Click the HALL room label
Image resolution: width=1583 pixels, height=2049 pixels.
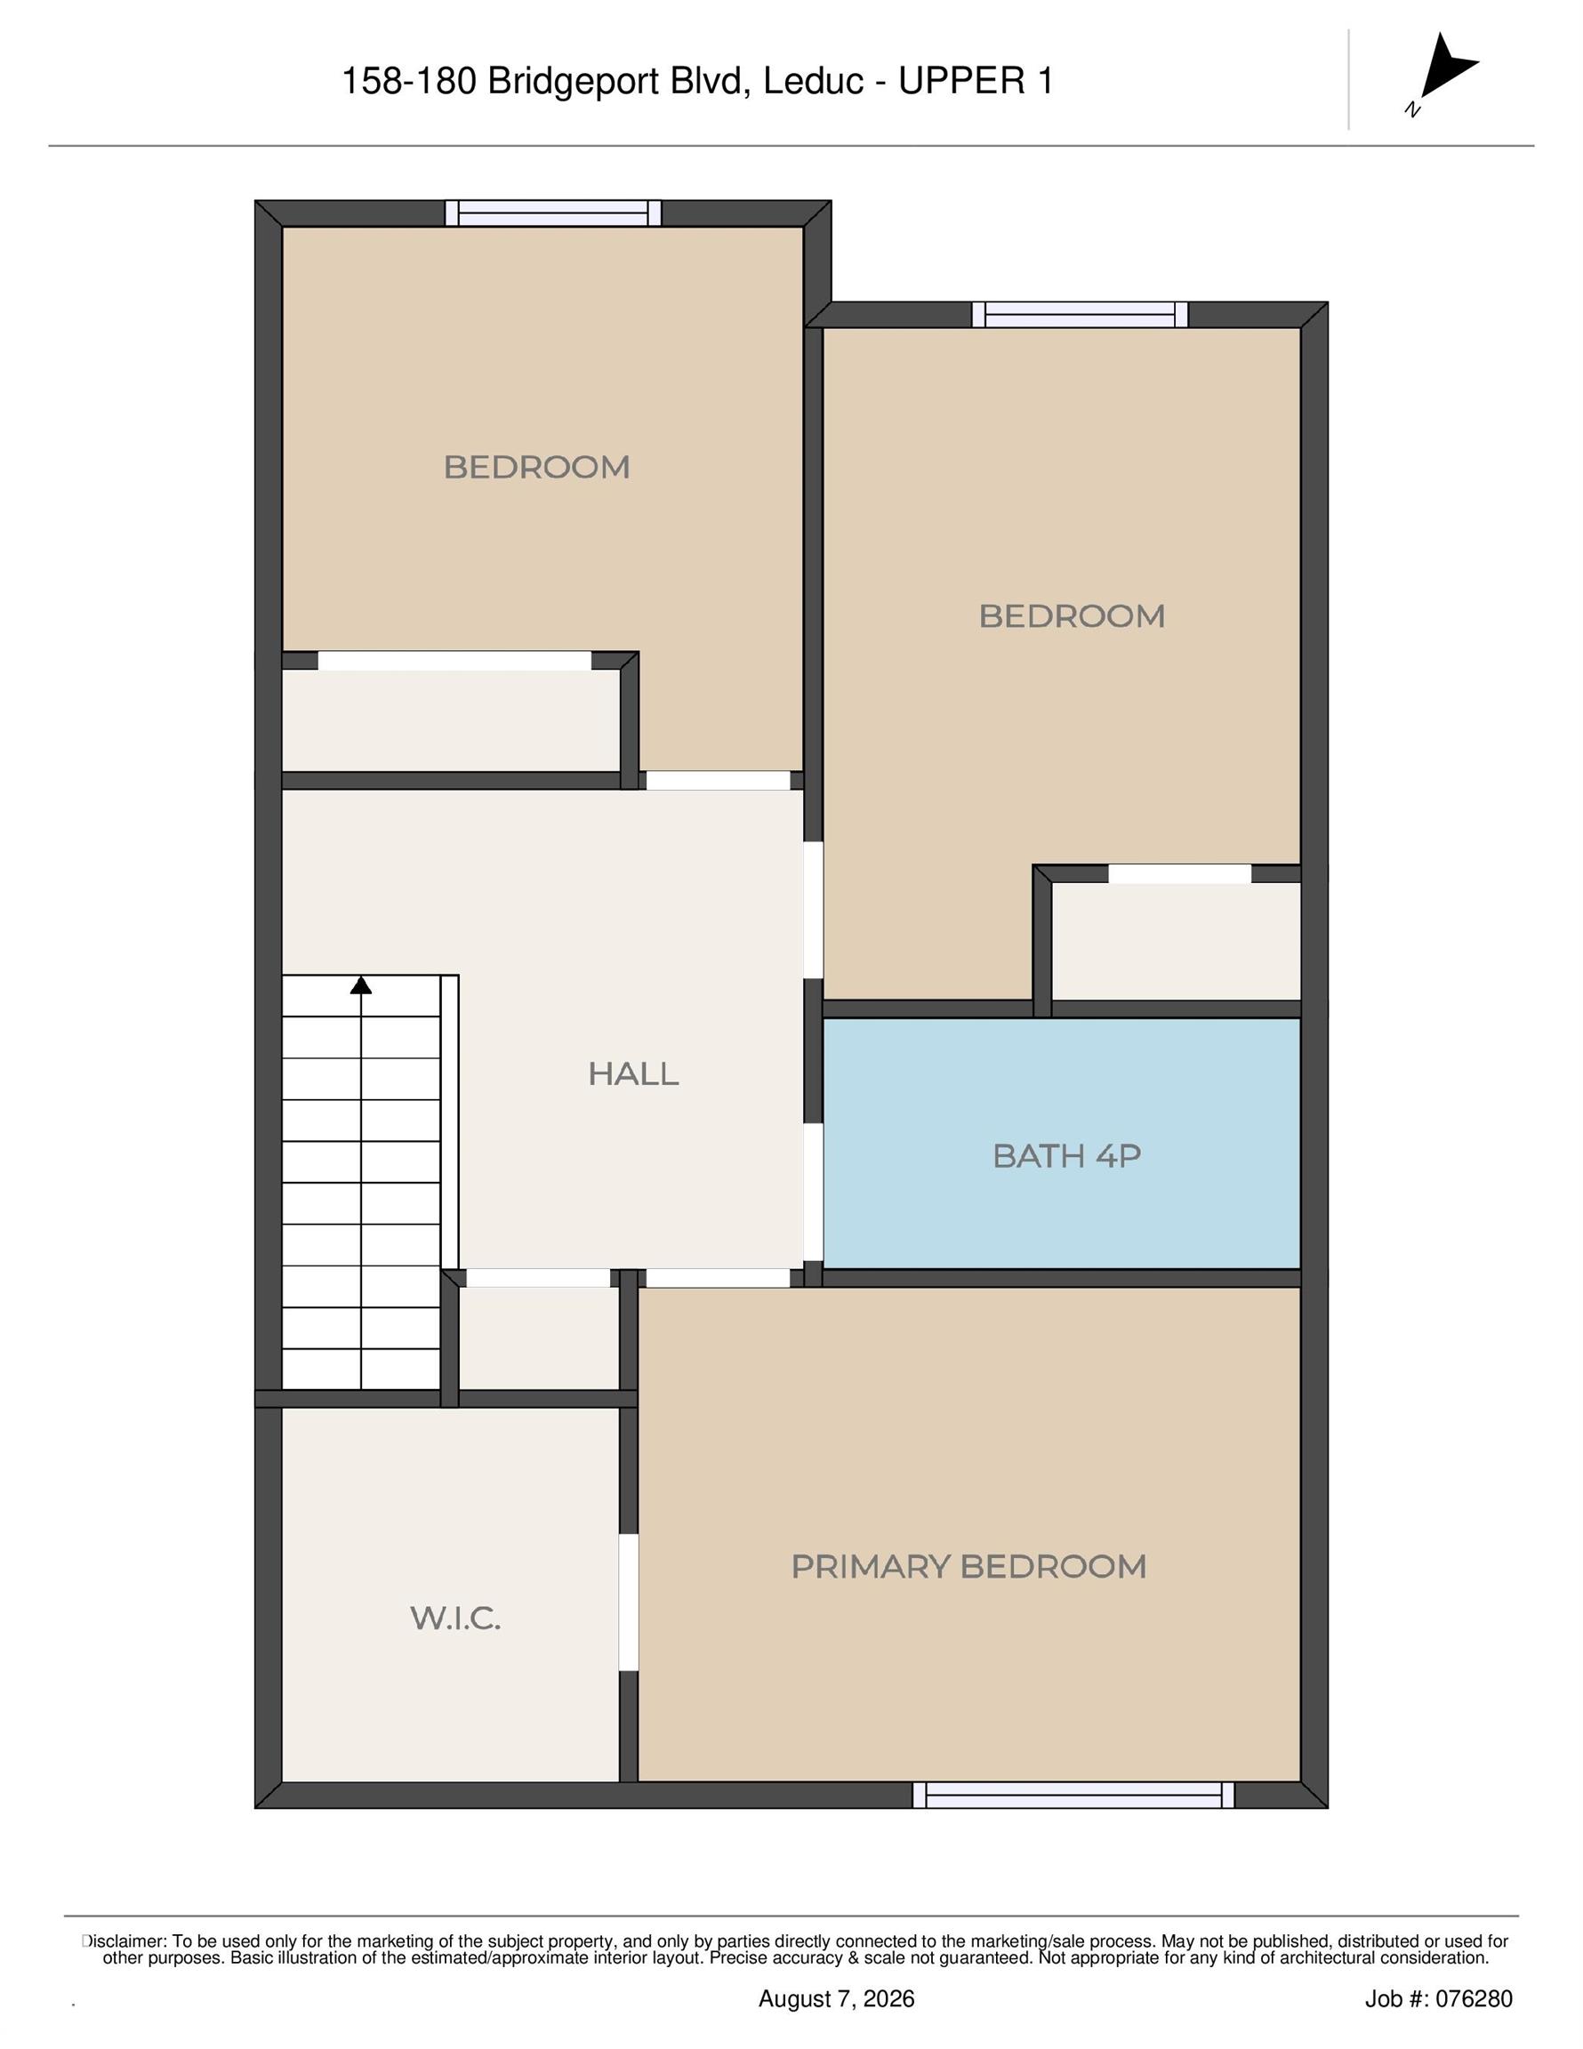(x=633, y=1073)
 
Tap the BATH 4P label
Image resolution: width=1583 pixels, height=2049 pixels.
(x=1067, y=1155)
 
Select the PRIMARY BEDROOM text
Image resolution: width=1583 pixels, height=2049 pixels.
(x=968, y=1566)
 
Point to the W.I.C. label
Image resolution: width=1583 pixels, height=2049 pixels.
(x=455, y=1618)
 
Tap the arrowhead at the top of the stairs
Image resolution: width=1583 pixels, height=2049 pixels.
(x=361, y=985)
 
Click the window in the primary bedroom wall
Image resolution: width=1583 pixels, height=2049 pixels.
(x=1073, y=1795)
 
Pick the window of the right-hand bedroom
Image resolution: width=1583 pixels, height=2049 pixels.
(x=1080, y=314)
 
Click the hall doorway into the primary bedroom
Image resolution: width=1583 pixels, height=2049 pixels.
(x=719, y=1278)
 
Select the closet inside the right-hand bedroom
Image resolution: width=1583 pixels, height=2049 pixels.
(x=1176, y=941)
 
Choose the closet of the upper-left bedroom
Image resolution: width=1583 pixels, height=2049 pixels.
(x=452, y=720)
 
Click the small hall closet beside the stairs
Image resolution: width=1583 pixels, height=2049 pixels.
(x=539, y=1338)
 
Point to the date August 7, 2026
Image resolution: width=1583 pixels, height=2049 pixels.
(x=836, y=1999)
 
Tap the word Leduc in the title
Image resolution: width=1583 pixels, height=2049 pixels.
(x=813, y=82)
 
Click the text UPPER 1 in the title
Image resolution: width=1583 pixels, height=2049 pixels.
(x=976, y=82)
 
